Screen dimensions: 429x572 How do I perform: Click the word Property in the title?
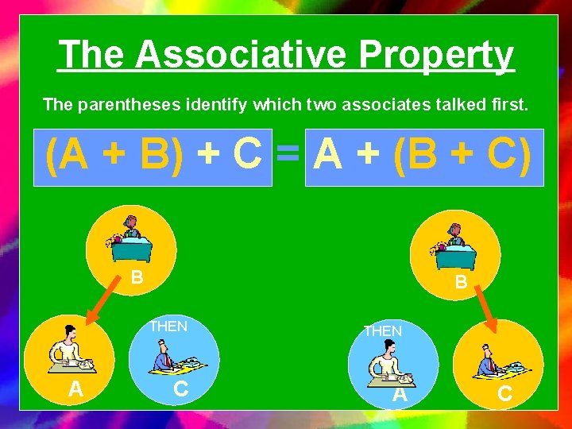pyautogui.click(x=436, y=55)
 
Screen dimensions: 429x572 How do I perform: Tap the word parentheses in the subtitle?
pyautogui.click(x=156, y=104)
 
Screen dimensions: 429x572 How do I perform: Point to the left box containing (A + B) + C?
pyautogui.click(x=153, y=157)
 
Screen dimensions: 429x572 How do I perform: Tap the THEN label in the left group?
pyautogui.click(x=168, y=326)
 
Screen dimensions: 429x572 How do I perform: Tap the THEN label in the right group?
pyautogui.click(x=383, y=330)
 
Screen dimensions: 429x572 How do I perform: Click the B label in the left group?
pyautogui.click(x=137, y=278)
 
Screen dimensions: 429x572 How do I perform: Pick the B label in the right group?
pyautogui.click(x=461, y=282)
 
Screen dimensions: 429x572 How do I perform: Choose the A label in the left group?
pyautogui.click(x=75, y=389)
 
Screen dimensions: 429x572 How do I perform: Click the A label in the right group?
pyautogui.click(x=400, y=395)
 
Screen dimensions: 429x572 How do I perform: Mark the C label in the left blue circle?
pyautogui.click(x=181, y=389)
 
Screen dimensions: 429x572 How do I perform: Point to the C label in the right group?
pyautogui.click(x=504, y=394)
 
